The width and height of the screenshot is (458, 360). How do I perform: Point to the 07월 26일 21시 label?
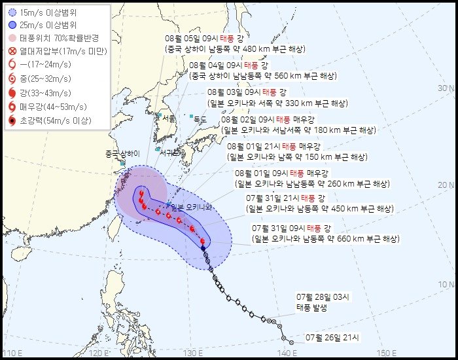click(333, 338)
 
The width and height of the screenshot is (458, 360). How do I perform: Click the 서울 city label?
click(168, 119)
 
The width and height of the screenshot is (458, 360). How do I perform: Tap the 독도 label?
click(200, 119)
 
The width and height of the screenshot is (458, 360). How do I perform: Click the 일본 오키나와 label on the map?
click(191, 207)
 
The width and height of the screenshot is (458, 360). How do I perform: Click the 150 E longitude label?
click(391, 353)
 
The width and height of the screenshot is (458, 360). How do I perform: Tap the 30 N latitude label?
click(446, 88)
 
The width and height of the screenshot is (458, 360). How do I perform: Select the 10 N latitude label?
click(446, 284)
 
